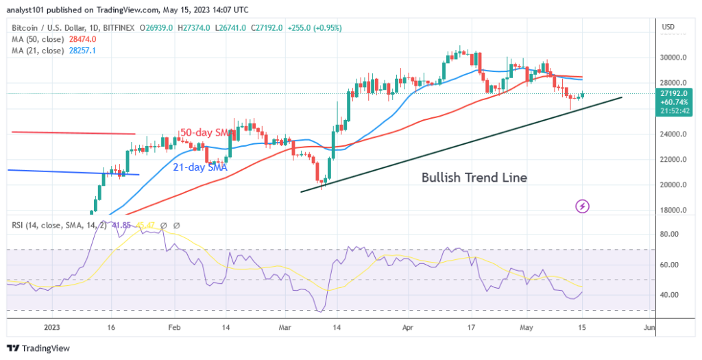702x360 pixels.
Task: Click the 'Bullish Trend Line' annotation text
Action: point(474,178)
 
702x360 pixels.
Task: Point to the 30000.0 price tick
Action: point(674,58)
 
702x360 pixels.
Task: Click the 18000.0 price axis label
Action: point(674,211)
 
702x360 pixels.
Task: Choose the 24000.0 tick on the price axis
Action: point(674,134)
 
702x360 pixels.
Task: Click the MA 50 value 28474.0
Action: point(82,40)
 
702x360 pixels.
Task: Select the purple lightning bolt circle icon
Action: point(582,205)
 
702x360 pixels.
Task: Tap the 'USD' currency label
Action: point(668,27)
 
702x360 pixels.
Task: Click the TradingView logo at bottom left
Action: point(40,348)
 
